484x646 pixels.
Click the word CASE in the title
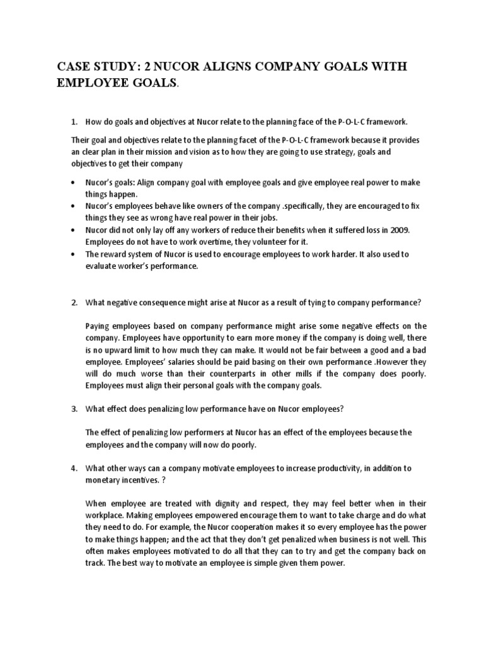tap(74, 68)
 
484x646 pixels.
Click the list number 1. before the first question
tap(73, 121)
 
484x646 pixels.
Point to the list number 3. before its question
tap(73, 409)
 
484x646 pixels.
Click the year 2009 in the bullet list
tap(398, 230)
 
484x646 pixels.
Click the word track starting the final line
tap(94, 563)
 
